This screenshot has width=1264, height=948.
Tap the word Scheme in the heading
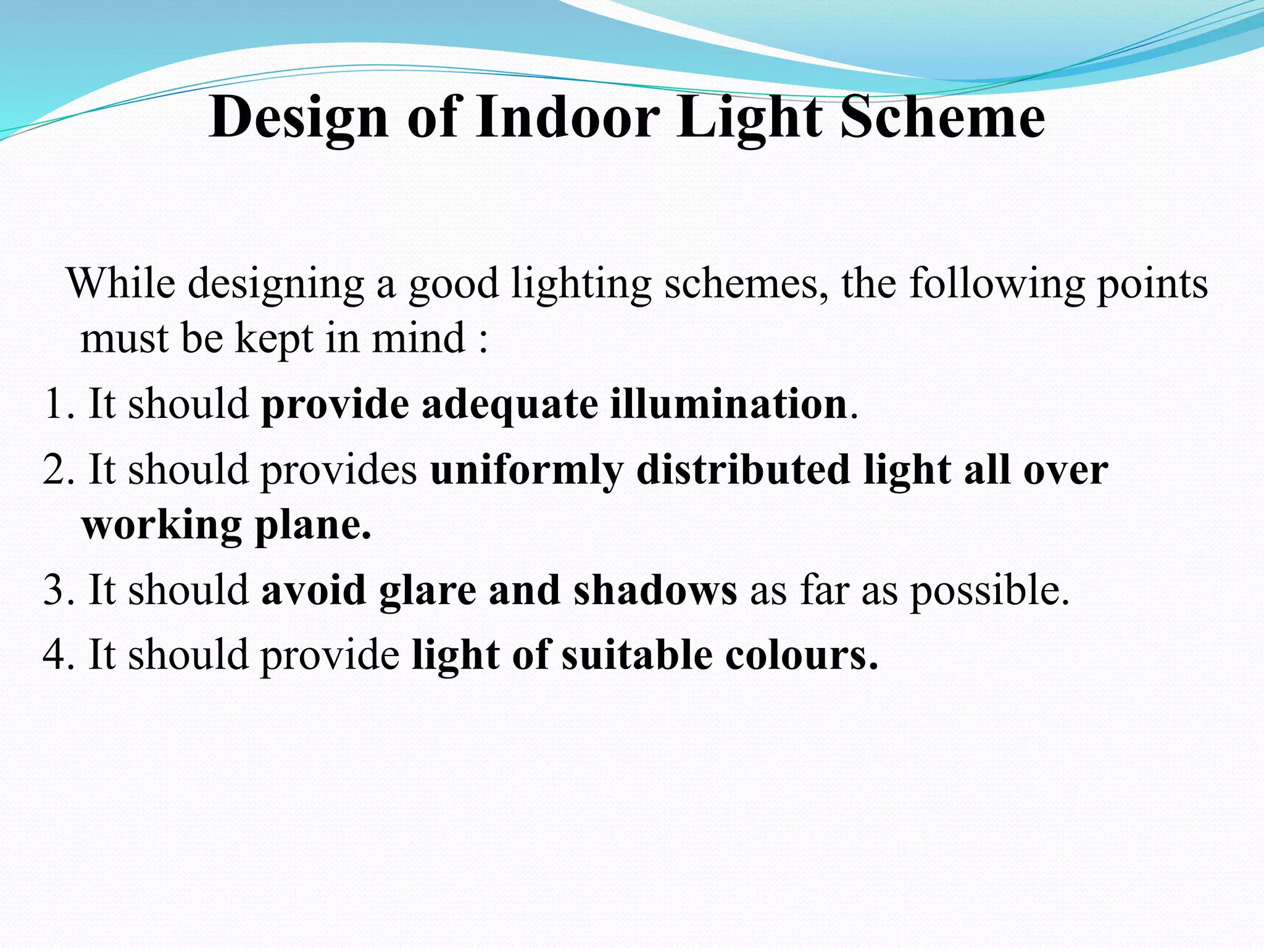(x=942, y=117)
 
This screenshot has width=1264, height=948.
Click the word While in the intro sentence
(x=121, y=284)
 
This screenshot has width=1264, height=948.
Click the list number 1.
(x=54, y=404)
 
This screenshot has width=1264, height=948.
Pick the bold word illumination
(x=728, y=404)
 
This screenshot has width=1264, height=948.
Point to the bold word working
(x=161, y=526)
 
